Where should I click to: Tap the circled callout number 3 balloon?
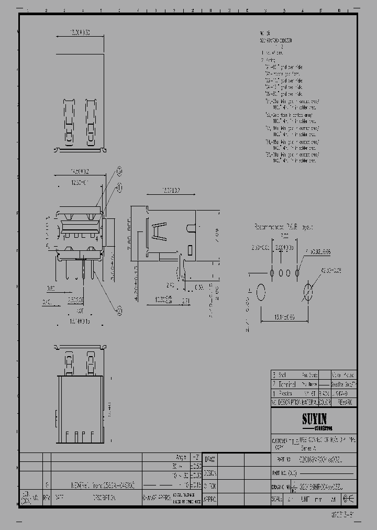pyautogui.click(x=119, y=170)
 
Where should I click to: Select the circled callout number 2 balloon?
pyautogui.click(x=119, y=311)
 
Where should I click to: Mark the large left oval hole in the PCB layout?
pyautogui.click(x=261, y=292)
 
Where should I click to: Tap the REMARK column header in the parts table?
pyautogui.click(x=344, y=402)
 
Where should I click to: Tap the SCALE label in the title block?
pyautogui.click(x=278, y=500)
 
